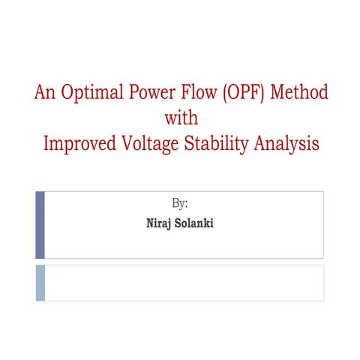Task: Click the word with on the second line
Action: [179, 118]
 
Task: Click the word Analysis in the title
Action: [284, 142]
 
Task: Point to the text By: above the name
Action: [180, 203]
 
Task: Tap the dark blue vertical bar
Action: [40, 224]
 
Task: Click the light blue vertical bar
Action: [40, 283]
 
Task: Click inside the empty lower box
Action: [184, 283]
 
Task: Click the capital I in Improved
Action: [47, 142]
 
